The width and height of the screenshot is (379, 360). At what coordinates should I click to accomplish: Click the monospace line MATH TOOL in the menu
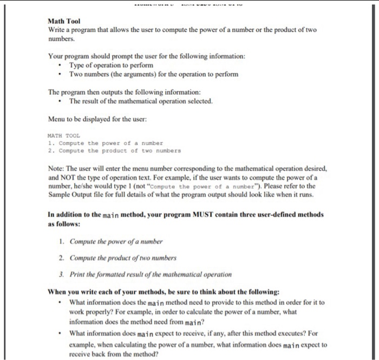click(x=63, y=135)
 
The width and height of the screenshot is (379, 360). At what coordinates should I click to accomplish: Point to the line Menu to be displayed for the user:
click(x=97, y=119)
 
